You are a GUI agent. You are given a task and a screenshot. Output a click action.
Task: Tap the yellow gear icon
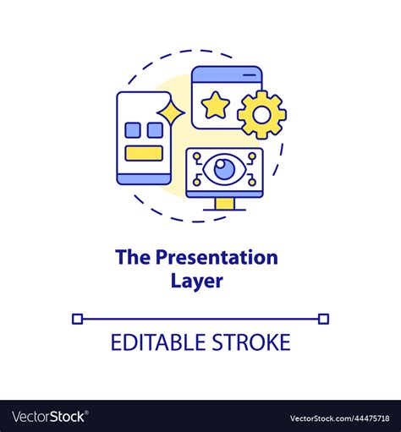261,114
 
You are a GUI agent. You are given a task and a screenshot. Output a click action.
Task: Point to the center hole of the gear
261,114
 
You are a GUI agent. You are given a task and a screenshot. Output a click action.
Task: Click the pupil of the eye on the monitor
225,169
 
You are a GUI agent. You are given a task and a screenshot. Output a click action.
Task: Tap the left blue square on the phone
133,130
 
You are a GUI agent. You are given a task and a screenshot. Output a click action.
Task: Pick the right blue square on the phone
155,130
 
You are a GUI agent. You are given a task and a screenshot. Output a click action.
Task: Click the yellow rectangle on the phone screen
144,153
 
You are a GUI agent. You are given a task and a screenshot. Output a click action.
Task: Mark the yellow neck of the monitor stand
225,202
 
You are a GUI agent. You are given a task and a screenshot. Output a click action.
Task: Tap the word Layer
200,282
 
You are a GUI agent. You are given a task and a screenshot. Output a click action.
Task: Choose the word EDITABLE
160,342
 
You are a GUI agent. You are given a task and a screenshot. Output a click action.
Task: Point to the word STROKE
251,342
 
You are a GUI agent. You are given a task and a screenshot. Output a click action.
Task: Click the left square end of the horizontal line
77,319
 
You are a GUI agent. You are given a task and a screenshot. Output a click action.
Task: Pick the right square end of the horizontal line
324,319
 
